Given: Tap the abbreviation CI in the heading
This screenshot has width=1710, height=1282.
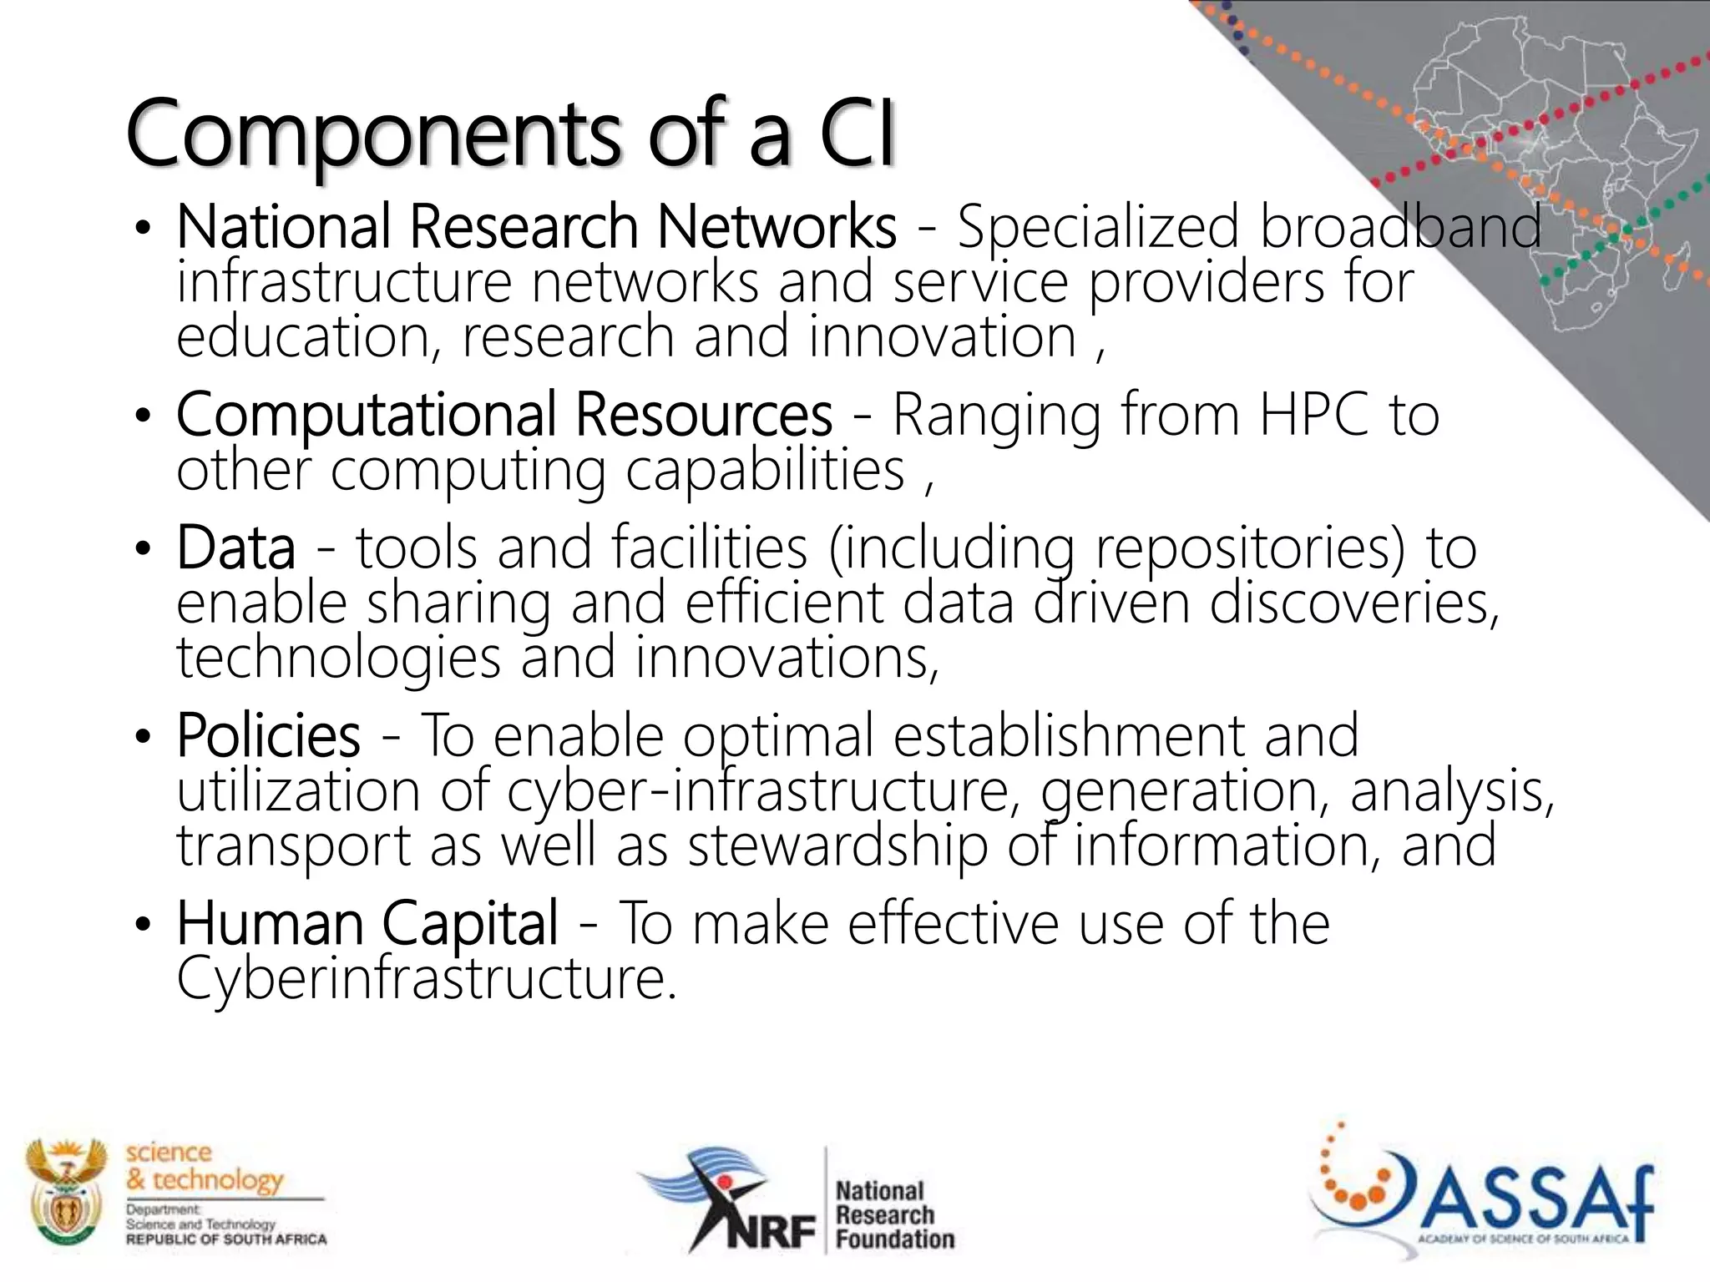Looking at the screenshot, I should (857, 134).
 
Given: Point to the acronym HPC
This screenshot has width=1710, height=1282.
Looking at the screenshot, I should (1314, 415).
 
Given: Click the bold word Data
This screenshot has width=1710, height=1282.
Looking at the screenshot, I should (235, 548).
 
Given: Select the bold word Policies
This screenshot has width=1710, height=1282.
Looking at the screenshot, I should (268, 736).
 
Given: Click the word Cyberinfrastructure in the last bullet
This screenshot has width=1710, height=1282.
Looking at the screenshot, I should (425, 978).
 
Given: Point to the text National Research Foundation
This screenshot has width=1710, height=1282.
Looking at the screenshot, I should (893, 1214).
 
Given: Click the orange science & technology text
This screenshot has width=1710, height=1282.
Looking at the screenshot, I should (204, 1166).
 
